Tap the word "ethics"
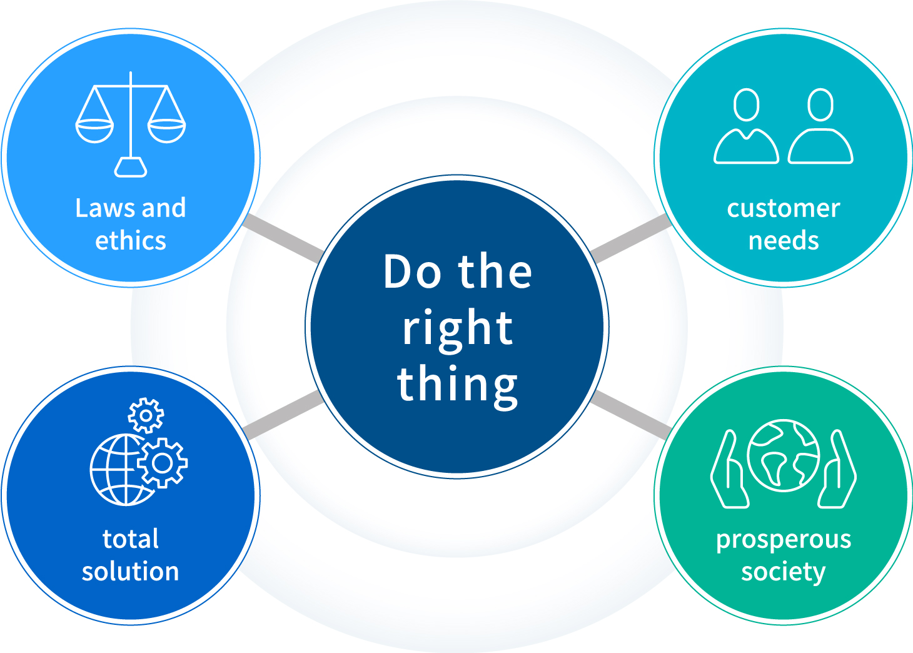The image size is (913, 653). tap(131, 240)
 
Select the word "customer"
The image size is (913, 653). tap(784, 209)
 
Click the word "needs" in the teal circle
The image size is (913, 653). tap(784, 240)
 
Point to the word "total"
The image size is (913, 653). tap(131, 539)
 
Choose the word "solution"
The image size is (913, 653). tap(131, 571)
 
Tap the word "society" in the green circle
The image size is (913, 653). tap(784, 573)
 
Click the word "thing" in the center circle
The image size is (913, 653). tap(457, 386)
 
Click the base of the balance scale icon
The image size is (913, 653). tap(131, 167)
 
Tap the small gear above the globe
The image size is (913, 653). tap(146, 415)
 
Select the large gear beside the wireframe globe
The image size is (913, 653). tap(162, 463)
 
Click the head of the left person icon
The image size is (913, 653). tap(746, 104)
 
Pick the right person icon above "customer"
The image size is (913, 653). tap(820, 126)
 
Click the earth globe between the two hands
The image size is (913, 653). tap(784, 455)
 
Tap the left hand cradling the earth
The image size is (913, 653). tap(730, 468)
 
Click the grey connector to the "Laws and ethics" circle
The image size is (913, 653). tap(284, 237)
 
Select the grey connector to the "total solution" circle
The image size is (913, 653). tap(285, 415)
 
